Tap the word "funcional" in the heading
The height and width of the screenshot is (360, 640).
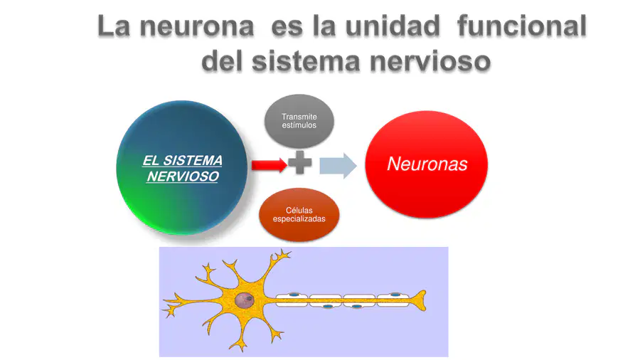coord(523,27)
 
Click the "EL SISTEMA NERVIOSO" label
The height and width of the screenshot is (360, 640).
coord(182,169)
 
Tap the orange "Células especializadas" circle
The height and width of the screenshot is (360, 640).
coord(299,214)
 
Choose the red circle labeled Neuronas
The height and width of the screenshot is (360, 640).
coord(427,164)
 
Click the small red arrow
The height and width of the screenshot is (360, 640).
coord(269,164)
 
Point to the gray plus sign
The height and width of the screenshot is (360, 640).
coord(299,164)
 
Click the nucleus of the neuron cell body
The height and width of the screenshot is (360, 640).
coord(245,301)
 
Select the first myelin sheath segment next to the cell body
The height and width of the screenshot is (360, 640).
coord(292,300)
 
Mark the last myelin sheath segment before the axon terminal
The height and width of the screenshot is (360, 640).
coord(393,300)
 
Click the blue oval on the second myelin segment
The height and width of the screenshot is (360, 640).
coord(327,307)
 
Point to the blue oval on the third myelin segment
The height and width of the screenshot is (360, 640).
coord(357,307)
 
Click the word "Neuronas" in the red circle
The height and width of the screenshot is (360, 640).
coord(427,164)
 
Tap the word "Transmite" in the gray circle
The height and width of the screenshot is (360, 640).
coord(299,117)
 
